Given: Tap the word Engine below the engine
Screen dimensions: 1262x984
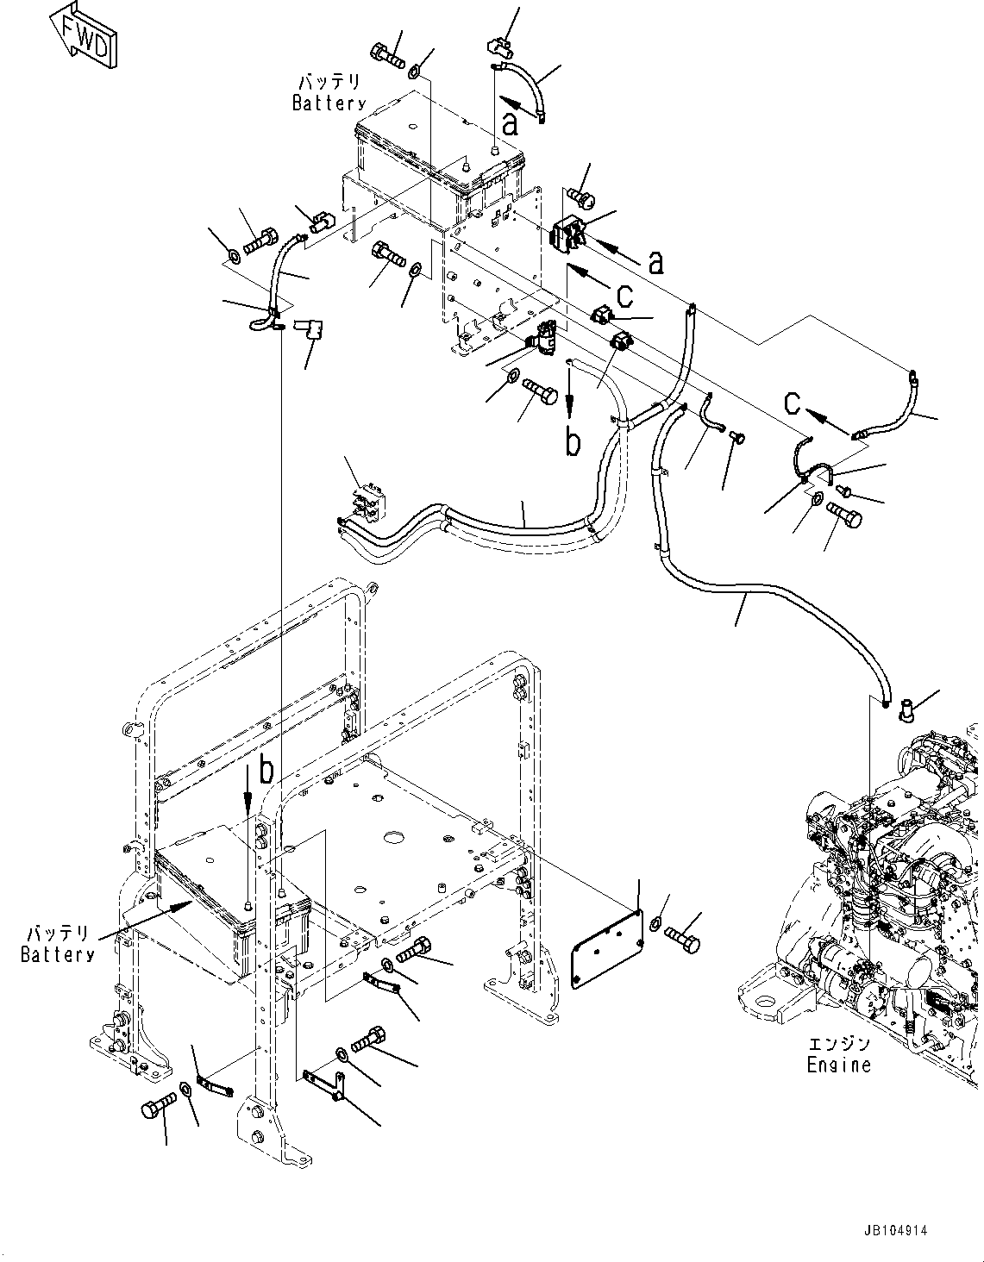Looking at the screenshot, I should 838,1065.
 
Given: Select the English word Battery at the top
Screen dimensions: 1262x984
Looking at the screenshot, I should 329,103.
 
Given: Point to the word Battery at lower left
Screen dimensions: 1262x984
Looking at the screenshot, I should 58,954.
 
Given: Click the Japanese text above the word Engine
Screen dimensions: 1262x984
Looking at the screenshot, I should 838,1043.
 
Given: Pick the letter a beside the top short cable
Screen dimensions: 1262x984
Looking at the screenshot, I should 511,125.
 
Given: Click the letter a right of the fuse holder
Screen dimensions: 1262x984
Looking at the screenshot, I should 656,261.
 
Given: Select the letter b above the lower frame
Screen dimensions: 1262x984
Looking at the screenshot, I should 266,772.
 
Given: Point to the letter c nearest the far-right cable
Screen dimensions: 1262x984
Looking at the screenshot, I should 794,403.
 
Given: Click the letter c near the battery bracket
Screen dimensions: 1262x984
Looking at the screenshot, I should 624,296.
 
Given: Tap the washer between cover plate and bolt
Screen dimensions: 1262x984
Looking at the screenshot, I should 655,926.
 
